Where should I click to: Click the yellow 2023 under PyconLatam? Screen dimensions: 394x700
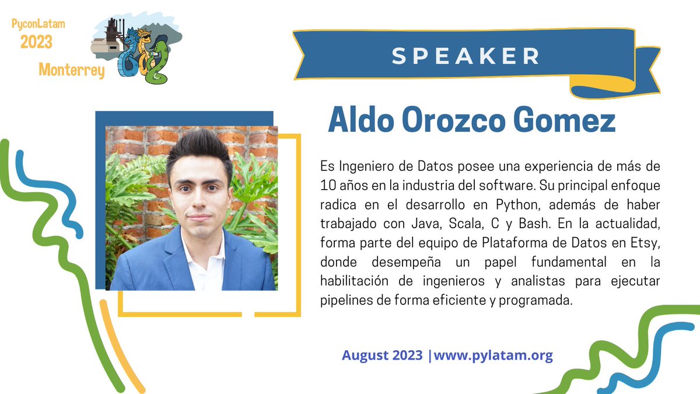point(36,42)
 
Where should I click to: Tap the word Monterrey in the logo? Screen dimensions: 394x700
point(72,71)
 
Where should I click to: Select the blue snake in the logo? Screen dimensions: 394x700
point(127,55)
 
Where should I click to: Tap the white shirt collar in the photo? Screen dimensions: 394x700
point(201,257)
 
